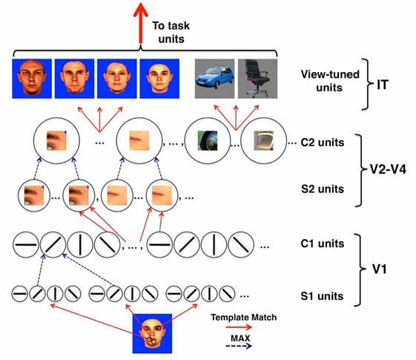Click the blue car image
pyautogui.click(x=214, y=79)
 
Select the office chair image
pyautogui.click(x=257, y=79)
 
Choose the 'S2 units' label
pyautogui.click(x=323, y=189)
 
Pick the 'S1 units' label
pyautogui.click(x=323, y=296)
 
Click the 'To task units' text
pyautogui.click(x=174, y=30)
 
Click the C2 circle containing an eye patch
pyautogui.click(x=53, y=140)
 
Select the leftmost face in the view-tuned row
pyautogui.click(x=32, y=79)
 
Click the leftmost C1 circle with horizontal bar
pyautogui.click(x=27, y=243)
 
